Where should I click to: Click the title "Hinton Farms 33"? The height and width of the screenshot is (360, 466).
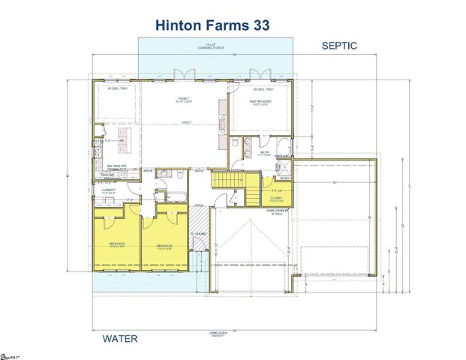pyautogui.click(x=212, y=25)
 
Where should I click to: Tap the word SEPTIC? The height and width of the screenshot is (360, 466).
pyautogui.click(x=339, y=46)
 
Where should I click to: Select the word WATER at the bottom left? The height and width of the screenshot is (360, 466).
pyautogui.click(x=120, y=339)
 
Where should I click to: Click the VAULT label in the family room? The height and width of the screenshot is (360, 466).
pyautogui.click(x=185, y=121)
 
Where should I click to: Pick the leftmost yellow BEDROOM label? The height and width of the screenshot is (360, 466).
pyautogui.click(x=116, y=244)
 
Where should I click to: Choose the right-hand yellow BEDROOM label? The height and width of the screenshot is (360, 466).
pyautogui.click(x=164, y=246)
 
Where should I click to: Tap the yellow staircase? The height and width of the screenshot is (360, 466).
pyautogui.click(x=227, y=181)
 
